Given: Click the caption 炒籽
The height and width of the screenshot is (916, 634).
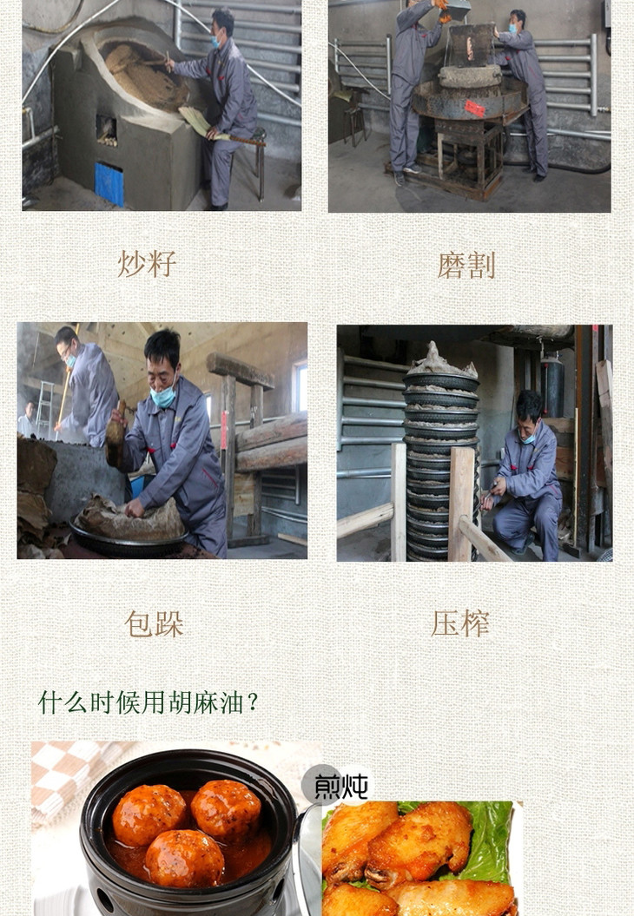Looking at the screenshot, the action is pos(148,264).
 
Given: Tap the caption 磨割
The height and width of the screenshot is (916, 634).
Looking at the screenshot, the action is pos(466,265).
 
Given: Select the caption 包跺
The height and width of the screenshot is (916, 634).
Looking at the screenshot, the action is pos(155,624).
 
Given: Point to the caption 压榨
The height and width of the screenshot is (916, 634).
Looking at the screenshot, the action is pos(460,623).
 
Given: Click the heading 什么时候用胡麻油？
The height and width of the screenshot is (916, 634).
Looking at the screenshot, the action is pos(149,702).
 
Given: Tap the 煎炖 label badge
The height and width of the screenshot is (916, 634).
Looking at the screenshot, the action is pos(337,786).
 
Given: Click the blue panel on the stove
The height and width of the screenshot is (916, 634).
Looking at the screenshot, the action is pos(109,183).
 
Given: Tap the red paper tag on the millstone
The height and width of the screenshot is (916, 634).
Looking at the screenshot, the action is pos(474,109).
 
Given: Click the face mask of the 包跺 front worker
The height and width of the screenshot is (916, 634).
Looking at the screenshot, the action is pos(163,397).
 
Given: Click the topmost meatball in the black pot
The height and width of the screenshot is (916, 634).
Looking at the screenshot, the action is pos(226,808).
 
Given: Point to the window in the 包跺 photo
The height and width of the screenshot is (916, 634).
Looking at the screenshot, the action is pos(300,386).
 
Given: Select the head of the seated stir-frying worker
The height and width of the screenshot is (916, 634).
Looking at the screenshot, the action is pos(222,27).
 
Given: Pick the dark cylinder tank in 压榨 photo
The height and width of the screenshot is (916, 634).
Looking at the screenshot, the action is pos(552,386).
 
